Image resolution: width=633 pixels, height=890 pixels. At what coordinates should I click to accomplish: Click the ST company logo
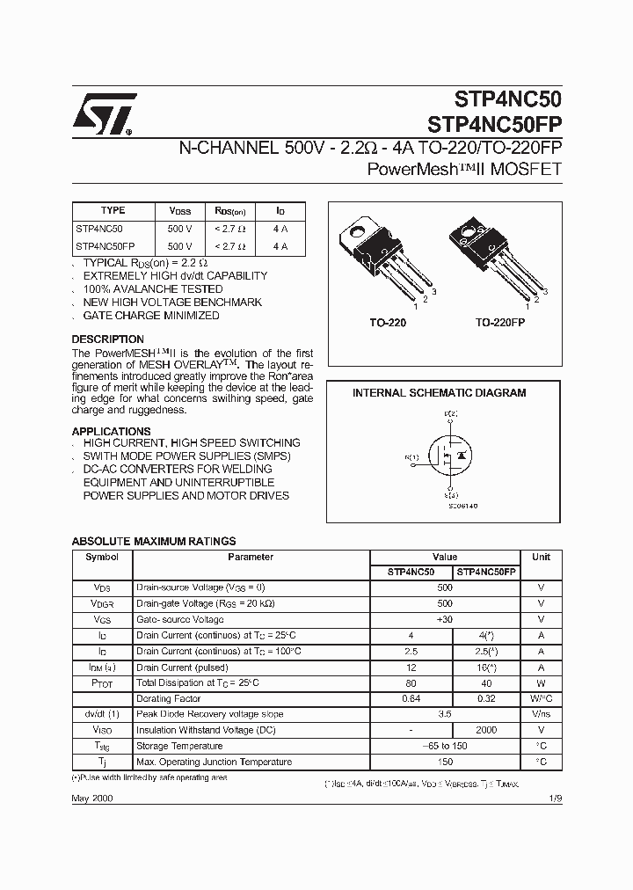[103, 114]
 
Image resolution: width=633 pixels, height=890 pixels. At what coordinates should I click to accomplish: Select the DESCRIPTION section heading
[107, 339]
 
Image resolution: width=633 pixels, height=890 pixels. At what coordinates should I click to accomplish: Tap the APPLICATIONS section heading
[111, 431]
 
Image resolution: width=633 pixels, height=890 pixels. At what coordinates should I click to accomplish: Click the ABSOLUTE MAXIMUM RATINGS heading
[153, 542]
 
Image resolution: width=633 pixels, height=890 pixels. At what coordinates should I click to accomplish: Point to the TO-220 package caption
[387, 323]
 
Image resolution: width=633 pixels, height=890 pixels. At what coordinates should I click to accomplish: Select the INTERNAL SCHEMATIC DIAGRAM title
[439, 393]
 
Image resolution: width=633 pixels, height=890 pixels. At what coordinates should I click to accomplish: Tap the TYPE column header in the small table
[113, 211]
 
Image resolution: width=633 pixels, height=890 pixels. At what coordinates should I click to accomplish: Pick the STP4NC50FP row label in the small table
[105, 247]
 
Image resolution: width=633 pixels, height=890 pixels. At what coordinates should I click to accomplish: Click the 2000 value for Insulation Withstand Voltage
[486, 730]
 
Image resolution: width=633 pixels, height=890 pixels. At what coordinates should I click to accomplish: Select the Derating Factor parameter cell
[168, 698]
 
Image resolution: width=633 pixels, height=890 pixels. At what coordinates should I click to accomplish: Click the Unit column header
[541, 557]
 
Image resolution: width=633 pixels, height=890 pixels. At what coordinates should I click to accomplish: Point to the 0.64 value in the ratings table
[410, 698]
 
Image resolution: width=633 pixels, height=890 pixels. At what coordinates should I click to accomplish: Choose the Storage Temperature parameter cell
[180, 746]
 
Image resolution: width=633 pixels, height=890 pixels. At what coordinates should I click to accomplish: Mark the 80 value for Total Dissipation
[410, 682]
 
